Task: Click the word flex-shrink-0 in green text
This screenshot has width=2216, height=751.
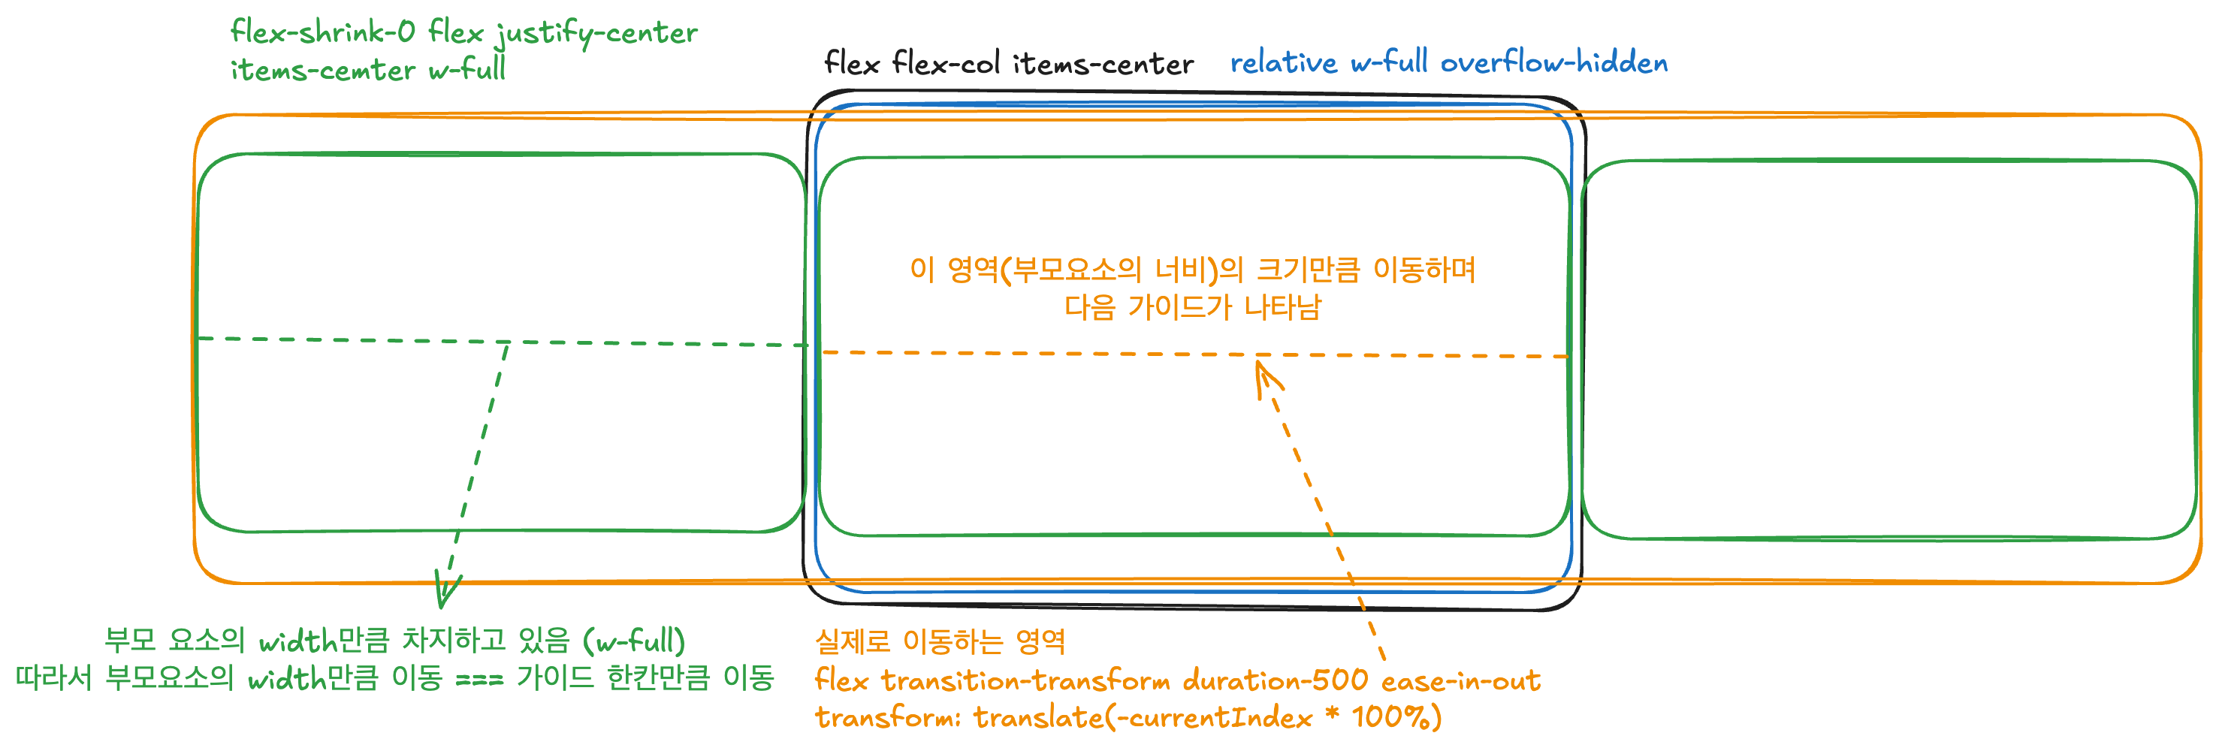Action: pos(322,33)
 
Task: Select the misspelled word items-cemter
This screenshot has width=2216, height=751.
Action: pos(322,70)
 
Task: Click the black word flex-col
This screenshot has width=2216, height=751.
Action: pos(946,63)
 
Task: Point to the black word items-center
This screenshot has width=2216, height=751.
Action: pos(1103,64)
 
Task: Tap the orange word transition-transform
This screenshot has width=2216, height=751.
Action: pos(1025,681)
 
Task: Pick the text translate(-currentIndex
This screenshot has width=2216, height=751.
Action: pos(1143,717)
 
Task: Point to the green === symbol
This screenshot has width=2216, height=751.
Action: pos(479,680)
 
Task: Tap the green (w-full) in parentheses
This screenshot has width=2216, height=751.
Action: pos(634,641)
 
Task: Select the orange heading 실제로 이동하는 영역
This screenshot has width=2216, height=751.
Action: pos(940,641)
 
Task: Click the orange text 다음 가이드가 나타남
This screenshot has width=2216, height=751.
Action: pos(1192,307)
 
